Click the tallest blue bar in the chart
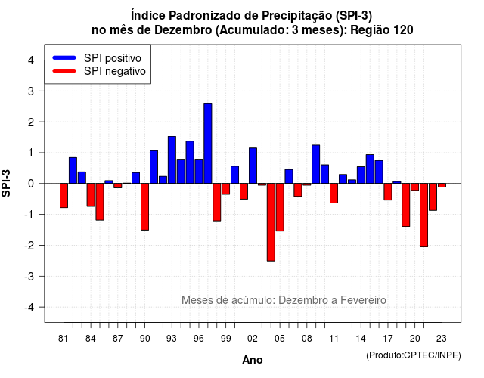[x=208, y=143]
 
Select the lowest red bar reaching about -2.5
[x=271, y=222]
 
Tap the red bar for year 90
[x=144, y=206]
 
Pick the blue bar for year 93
[x=172, y=160]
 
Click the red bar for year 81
[x=64, y=195]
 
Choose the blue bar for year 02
[x=253, y=166]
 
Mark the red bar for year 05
[x=280, y=207]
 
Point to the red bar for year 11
[x=334, y=194]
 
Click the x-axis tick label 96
[x=199, y=339]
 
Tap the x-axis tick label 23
[x=442, y=339]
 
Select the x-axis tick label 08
[x=307, y=339]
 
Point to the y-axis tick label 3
[x=31, y=91]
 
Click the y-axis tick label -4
[x=29, y=307]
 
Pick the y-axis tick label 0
[x=31, y=184]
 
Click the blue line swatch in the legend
[x=64, y=57]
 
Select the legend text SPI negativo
[x=115, y=71]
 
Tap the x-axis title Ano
[x=253, y=360]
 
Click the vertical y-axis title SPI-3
[x=6, y=183]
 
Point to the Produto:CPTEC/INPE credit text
[x=414, y=355]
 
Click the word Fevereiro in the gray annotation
[x=363, y=300]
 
